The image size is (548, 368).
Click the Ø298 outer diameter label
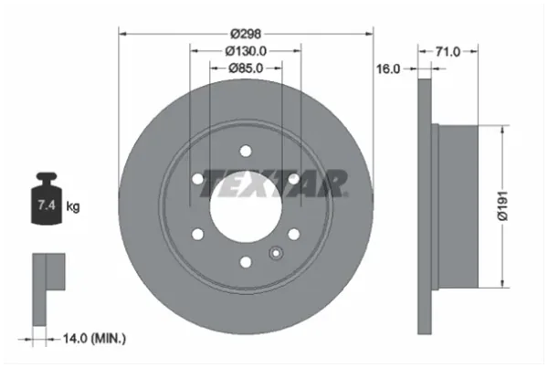[246, 34]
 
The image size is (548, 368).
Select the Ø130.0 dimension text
[246, 51]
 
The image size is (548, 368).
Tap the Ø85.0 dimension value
[246, 68]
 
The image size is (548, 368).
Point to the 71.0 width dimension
[448, 52]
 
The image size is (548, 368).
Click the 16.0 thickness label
[388, 68]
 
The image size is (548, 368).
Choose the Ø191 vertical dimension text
[502, 206]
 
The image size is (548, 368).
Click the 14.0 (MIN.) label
[94, 338]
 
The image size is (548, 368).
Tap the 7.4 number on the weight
[47, 205]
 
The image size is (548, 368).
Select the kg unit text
[73, 206]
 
